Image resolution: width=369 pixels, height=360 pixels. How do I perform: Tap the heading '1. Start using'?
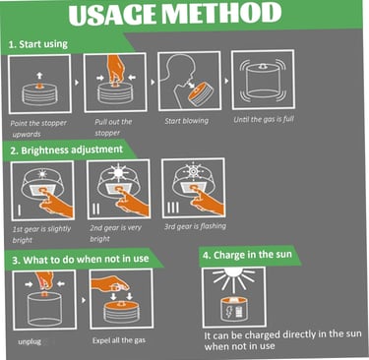(x=38, y=44)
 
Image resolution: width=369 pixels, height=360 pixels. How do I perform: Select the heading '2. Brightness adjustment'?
(x=66, y=150)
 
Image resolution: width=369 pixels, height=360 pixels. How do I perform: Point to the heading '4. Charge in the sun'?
(x=247, y=255)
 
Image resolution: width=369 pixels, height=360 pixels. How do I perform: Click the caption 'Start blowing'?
(x=187, y=121)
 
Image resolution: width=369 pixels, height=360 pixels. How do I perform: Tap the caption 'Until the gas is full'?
(x=264, y=119)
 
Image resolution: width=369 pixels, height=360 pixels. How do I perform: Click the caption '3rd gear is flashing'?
(x=195, y=226)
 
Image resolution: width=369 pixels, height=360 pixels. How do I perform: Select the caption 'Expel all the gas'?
(x=119, y=340)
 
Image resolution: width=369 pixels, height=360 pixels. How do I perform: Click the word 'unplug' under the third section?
(x=30, y=341)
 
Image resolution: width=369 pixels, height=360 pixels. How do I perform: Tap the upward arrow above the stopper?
(x=39, y=76)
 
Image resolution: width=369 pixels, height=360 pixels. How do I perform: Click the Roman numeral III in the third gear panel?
(x=173, y=208)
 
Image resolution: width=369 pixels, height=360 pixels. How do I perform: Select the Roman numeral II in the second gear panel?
(x=95, y=209)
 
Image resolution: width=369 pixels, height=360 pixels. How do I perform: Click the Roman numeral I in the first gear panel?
(x=20, y=210)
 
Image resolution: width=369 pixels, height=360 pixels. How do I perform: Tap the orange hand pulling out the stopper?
(x=115, y=68)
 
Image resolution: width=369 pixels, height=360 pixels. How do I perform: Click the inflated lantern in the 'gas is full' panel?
(x=263, y=81)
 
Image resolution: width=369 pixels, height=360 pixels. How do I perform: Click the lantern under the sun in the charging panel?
(x=234, y=310)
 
